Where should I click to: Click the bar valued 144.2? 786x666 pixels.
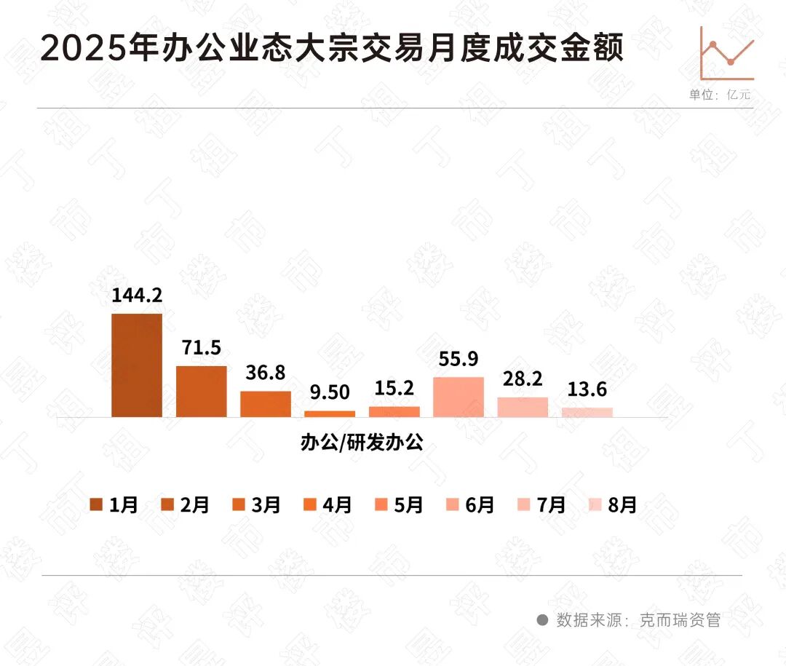pos(137,365)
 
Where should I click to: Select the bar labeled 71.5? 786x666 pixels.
pos(202,392)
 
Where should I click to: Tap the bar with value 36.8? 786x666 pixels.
pos(266,404)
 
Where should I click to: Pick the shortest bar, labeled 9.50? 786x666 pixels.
pos(330,413)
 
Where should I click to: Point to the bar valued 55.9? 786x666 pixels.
pos(458,397)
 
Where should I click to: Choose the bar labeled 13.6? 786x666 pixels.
pos(587,412)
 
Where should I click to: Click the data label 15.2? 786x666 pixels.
pos(394,390)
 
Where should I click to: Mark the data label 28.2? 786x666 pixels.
pos(523,381)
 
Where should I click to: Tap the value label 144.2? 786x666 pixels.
pos(137,296)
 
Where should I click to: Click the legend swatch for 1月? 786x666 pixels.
pos(96,505)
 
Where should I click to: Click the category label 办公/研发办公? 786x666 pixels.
pos(362,443)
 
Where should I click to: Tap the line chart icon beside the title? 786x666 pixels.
pos(726,54)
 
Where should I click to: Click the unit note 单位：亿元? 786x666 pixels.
pos(720,95)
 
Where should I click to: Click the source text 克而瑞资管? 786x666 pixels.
pos(680,620)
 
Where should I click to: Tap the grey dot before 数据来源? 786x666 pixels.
pos(542,620)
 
